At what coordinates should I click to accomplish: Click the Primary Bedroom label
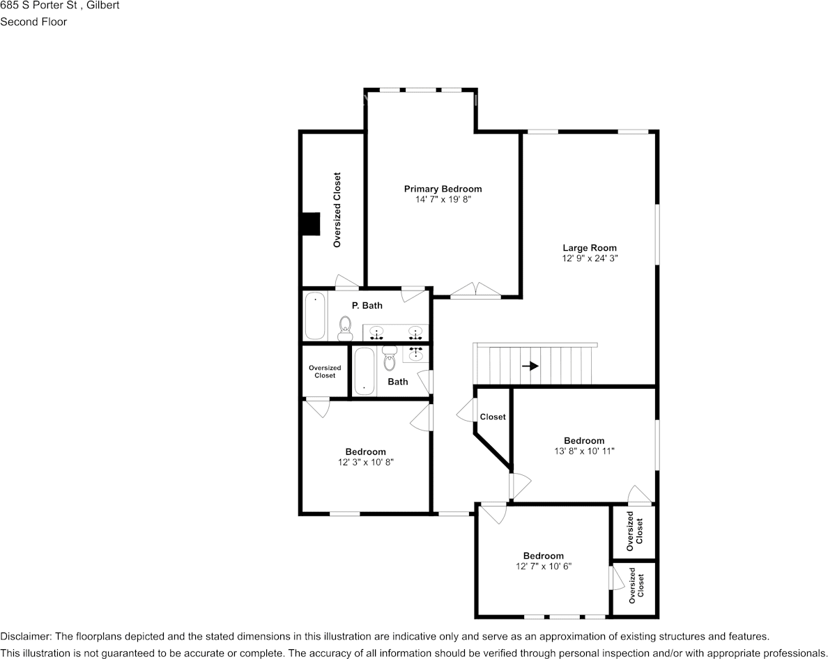[x=443, y=189]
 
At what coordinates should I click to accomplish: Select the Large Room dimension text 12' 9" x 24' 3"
[x=590, y=258]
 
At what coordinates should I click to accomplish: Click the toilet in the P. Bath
[x=345, y=327]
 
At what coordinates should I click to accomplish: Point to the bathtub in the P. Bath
[x=315, y=316]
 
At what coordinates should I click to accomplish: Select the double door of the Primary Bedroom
[x=475, y=291]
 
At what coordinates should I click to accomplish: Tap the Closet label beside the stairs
[x=493, y=417]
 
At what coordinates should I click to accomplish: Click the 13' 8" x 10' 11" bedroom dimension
[x=584, y=451]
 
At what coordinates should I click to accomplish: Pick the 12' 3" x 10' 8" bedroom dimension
[x=365, y=462]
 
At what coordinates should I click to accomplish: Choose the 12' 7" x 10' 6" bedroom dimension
[x=543, y=566]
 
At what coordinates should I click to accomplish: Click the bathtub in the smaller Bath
[x=365, y=371]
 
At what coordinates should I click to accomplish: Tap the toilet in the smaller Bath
[x=390, y=359]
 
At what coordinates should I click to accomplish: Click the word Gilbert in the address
[x=102, y=6]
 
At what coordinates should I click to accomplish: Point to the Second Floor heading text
[x=33, y=22]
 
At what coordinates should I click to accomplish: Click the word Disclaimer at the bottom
[x=25, y=636]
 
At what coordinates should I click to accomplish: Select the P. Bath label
[x=367, y=305]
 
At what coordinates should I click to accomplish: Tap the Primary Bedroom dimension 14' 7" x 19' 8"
[x=443, y=199]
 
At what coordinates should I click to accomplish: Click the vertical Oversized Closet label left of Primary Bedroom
[x=337, y=210]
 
